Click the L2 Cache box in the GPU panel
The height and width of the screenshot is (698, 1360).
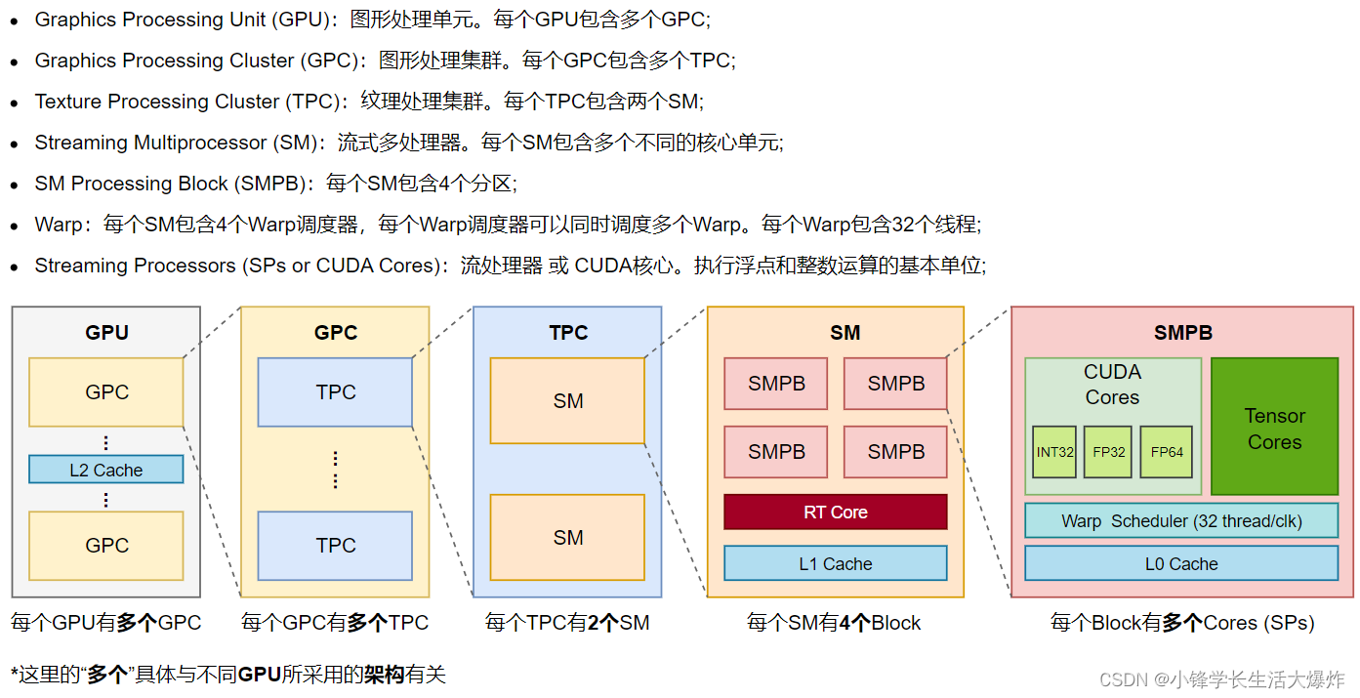(x=106, y=470)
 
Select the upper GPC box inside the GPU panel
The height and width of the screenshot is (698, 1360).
(x=106, y=391)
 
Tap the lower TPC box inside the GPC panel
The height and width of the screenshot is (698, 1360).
(x=335, y=546)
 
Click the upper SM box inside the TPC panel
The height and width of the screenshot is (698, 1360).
(x=567, y=400)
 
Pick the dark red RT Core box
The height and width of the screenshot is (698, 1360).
(x=835, y=512)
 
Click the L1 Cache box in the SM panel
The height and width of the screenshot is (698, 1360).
(x=835, y=563)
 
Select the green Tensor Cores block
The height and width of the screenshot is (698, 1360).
(x=1274, y=428)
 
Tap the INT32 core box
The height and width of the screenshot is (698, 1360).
(x=1053, y=452)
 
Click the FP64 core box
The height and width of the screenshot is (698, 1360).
(x=1166, y=452)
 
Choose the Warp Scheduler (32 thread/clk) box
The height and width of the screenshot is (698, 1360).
(x=1181, y=520)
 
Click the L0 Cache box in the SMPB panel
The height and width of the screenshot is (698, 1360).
(x=1181, y=563)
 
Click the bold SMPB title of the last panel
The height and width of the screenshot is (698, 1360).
(x=1182, y=333)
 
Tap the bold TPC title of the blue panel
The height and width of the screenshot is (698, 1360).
(x=568, y=333)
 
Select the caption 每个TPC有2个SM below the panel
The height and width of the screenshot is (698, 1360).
(x=567, y=623)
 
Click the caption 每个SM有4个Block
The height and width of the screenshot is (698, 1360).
(x=834, y=623)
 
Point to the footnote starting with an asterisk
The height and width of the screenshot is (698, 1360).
(x=228, y=675)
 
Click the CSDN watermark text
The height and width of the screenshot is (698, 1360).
(x=1221, y=679)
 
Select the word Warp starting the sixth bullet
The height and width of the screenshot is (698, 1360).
(x=59, y=225)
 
